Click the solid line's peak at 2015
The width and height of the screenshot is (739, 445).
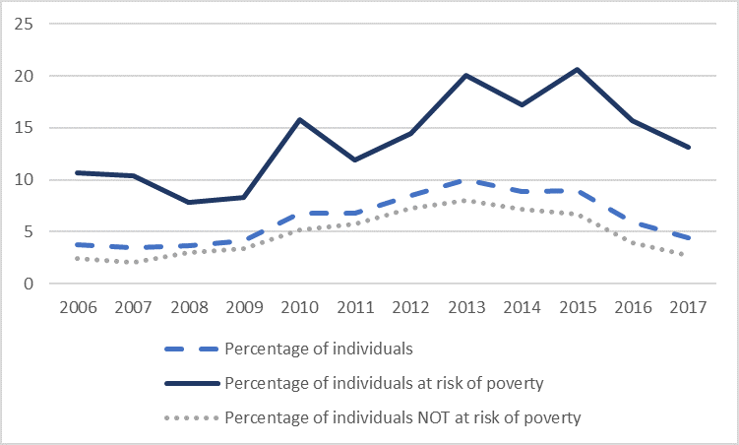tap(577, 69)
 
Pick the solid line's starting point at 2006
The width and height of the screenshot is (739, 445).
tap(77, 172)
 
